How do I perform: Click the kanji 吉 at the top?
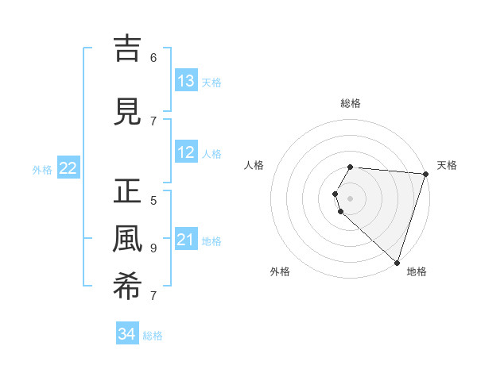(x=128, y=48)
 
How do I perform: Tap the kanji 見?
(x=128, y=112)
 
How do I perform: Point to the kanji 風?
(x=128, y=240)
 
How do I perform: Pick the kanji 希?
(x=128, y=286)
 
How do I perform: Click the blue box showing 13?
(x=186, y=81)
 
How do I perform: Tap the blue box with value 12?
(x=186, y=152)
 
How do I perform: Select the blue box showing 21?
(x=186, y=240)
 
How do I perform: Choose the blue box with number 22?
(x=68, y=167)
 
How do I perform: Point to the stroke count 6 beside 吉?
(x=153, y=57)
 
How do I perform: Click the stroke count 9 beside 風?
(x=153, y=248)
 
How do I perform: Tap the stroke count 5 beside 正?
(x=153, y=200)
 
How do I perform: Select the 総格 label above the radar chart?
(x=351, y=103)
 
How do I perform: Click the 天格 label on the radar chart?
(x=447, y=165)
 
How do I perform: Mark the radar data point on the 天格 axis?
(x=425, y=174)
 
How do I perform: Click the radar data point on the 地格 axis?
(x=397, y=262)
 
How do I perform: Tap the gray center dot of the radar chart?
(x=351, y=198)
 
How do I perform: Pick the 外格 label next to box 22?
(x=42, y=169)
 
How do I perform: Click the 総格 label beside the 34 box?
(x=153, y=336)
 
